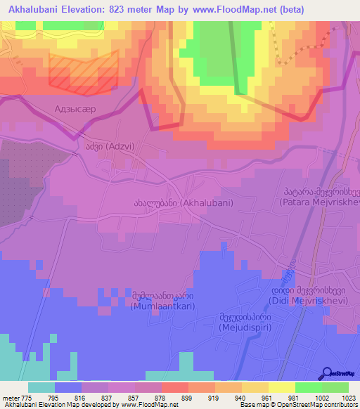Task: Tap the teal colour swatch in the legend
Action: [x=41, y=387]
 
